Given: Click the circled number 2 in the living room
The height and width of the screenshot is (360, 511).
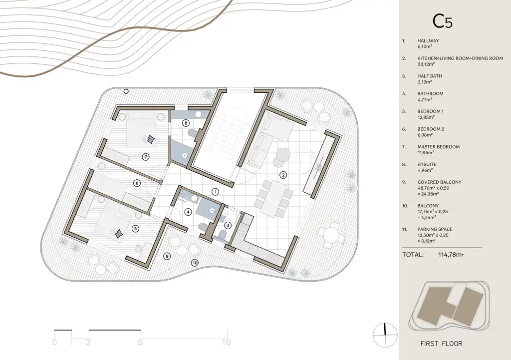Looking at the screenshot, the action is pos(283,175).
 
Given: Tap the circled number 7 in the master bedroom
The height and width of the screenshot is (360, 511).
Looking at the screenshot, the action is pos(146,157).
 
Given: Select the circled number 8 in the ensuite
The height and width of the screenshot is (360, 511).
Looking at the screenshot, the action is pos(186,123).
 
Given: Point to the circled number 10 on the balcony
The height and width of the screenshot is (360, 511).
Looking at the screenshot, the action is pos(195,263).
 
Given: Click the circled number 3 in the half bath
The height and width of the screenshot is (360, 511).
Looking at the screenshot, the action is pos(228,225).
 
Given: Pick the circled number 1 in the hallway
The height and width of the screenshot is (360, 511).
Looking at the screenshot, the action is pos(215,192).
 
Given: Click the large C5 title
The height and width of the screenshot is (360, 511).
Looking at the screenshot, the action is pos(442,21).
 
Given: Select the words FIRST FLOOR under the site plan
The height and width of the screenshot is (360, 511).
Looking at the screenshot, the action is pos(441,344).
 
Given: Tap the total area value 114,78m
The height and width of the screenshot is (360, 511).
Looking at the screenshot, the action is pos(451,255).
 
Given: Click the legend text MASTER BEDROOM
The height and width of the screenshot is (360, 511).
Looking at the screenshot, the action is pos(438,147).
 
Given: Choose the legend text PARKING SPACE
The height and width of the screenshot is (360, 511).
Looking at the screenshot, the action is pos(435,229).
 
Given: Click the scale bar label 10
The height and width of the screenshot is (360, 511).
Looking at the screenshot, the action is pos(227,342).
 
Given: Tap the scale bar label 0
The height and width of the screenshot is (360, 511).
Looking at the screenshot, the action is pos(54,342).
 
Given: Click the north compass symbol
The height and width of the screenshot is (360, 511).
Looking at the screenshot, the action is pos(385,335).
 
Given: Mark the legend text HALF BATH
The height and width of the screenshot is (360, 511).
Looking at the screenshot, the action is pos(430,76).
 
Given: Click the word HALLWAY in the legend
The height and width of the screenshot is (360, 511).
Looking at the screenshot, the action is pos(428,41).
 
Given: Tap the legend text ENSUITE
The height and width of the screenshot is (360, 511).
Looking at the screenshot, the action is pos(427,164).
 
